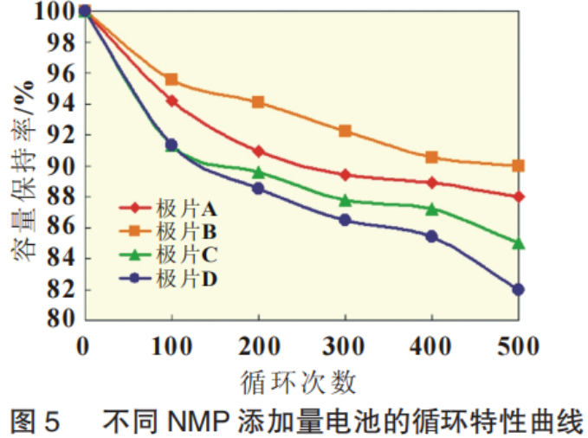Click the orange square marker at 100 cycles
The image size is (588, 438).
[x=171, y=80]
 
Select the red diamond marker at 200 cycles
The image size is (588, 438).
[x=258, y=151]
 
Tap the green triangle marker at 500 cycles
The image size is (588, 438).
[x=518, y=243]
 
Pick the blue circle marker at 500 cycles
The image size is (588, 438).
[x=518, y=289]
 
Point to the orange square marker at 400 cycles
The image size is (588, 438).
[x=431, y=158]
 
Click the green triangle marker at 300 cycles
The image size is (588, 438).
[x=345, y=201]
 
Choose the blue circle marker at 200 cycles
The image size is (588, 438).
[x=258, y=188]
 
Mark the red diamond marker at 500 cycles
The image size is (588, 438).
[x=518, y=196]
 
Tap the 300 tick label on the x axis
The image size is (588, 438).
[x=345, y=347]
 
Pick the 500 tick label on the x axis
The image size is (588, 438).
[x=518, y=347]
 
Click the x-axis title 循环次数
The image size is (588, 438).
[x=299, y=381]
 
